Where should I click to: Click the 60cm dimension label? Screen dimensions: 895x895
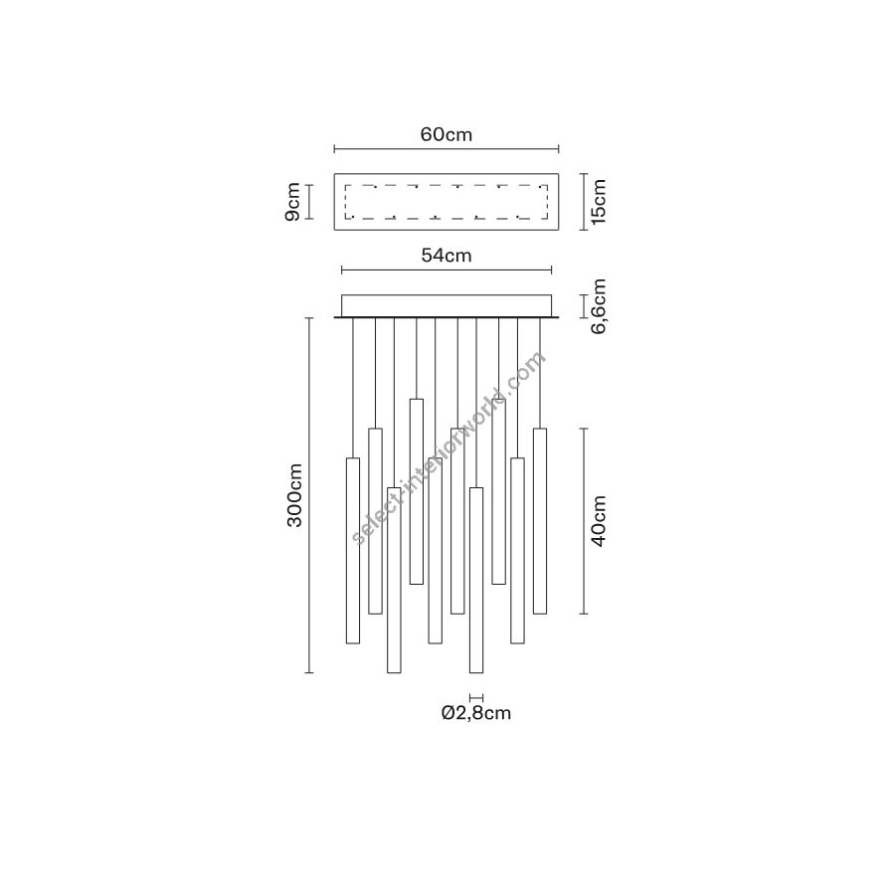click(447, 134)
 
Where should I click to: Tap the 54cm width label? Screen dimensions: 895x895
click(447, 256)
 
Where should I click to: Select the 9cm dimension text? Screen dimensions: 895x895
click(292, 202)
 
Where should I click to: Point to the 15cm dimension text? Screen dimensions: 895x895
click(599, 202)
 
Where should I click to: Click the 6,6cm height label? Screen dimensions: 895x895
click(599, 306)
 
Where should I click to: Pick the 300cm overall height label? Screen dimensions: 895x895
click(294, 495)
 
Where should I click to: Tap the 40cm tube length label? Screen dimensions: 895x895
click(599, 520)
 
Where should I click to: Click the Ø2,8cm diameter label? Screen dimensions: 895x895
click(476, 713)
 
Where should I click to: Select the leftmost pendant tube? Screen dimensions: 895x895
click(353, 551)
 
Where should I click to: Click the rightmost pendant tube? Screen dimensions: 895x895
click(540, 521)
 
